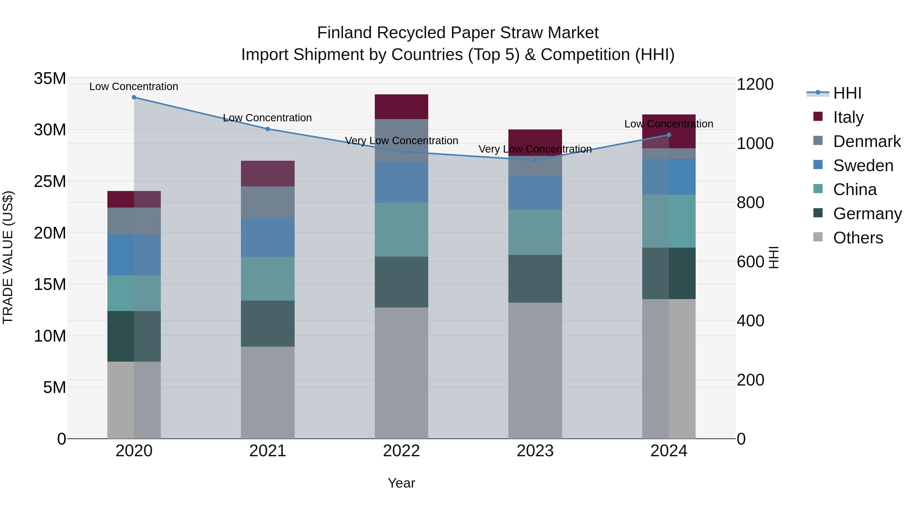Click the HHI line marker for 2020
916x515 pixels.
(x=134, y=97)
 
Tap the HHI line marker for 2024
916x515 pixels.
(x=669, y=135)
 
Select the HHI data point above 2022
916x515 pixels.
(x=402, y=151)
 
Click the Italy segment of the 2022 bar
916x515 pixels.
(x=402, y=107)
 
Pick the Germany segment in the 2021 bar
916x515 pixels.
(x=268, y=323)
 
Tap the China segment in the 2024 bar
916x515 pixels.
(x=669, y=221)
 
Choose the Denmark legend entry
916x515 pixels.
(x=867, y=141)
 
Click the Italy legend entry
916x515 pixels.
(x=848, y=117)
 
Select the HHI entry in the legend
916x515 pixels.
(x=847, y=93)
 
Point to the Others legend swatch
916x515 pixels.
(x=818, y=237)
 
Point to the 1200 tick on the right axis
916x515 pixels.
(x=755, y=85)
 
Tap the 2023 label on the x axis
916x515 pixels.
(x=535, y=451)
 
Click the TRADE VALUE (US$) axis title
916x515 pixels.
(x=8, y=257)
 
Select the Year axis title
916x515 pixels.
(x=402, y=483)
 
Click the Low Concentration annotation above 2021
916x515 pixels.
(x=267, y=118)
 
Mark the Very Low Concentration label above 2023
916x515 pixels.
(x=535, y=149)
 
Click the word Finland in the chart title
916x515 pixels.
(x=345, y=33)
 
